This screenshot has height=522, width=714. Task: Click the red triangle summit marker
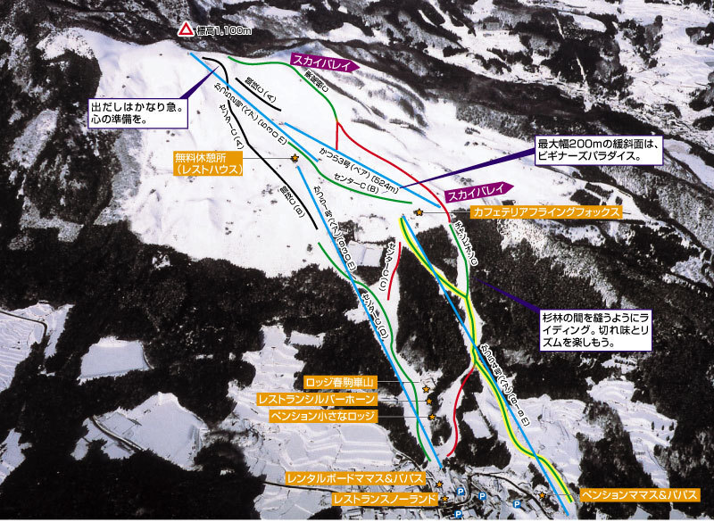click(x=185, y=29)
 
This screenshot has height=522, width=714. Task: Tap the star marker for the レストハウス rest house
click(x=295, y=159)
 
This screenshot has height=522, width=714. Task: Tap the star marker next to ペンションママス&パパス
click(x=542, y=494)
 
